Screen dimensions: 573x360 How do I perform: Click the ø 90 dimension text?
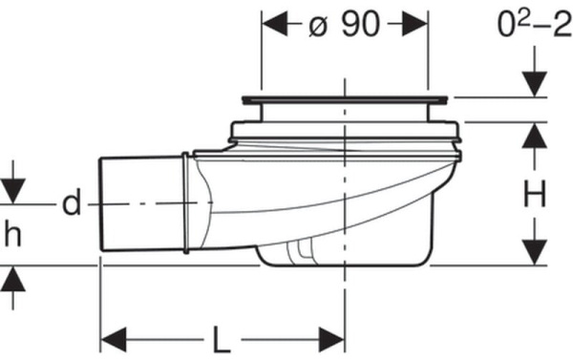point(344,25)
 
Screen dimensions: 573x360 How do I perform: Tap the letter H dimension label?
point(534,194)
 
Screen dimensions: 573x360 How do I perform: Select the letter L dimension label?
point(222,340)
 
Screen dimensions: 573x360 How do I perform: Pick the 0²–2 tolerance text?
point(535,24)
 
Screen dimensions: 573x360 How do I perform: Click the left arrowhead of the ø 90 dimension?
point(275,23)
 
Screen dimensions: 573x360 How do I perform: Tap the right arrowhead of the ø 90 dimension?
point(414,23)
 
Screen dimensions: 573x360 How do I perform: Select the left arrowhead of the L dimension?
point(114,340)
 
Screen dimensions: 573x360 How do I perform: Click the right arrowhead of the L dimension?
point(331,340)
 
